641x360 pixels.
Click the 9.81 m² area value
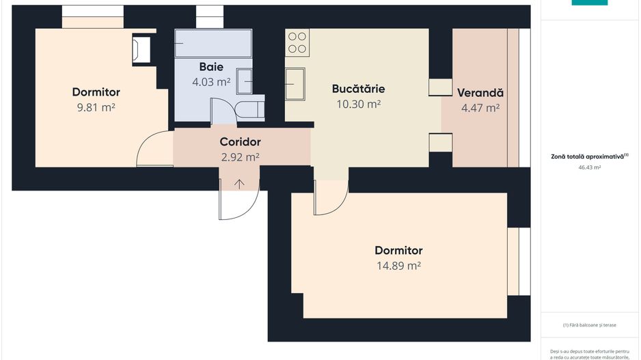click(96, 108)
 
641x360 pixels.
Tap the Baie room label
click(211, 66)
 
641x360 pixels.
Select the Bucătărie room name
click(358, 89)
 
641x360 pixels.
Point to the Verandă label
click(480, 92)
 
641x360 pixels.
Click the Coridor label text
click(240, 142)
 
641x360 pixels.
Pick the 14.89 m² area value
click(398, 266)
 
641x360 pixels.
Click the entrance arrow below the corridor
click(239, 183)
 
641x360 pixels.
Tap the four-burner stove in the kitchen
click(297, 42)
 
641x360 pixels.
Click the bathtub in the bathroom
click(213, 43)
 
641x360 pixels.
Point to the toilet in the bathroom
click(249, 109)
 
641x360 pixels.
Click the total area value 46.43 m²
click(589, 167)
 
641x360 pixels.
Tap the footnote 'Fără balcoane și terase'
click(589, 325)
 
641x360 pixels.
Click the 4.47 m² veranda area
click(480, 108)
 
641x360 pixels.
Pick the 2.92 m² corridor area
click(240, 157)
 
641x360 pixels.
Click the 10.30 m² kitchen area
click(358, 105)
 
